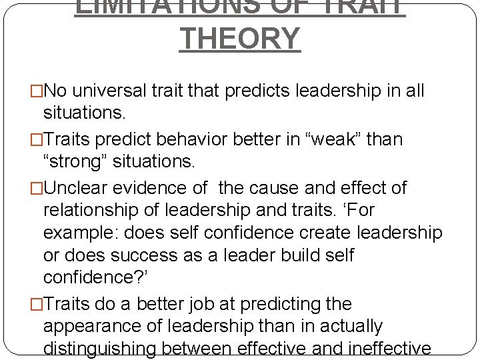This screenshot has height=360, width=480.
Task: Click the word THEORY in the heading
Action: [x=240, y=39]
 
